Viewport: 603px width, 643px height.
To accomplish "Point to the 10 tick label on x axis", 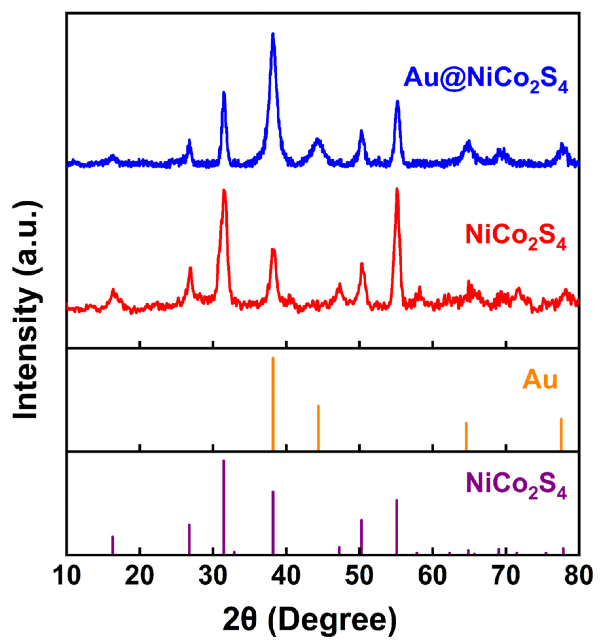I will pyautogui.click(x=67, y=576).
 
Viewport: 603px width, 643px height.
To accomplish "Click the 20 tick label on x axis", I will pyautogui.click(x=139, y=576).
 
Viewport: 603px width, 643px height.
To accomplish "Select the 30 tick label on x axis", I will pyautogui.click(x=213, y=576).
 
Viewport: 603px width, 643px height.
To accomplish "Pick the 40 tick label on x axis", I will pyautogui.click(x=286, y=576).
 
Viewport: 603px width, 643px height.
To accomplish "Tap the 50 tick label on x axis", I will pyautogui.click(x=359, y=576).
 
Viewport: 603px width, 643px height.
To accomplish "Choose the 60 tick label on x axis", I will pyautogui.click(x=433, y=576).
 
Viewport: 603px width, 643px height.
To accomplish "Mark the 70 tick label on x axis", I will pyautogui.click(x=506, y=576).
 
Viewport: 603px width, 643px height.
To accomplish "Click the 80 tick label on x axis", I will pyautogui.click(x=579, y=576).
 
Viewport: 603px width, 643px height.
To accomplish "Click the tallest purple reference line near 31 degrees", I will pyautogui.click(x=224, y=506).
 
